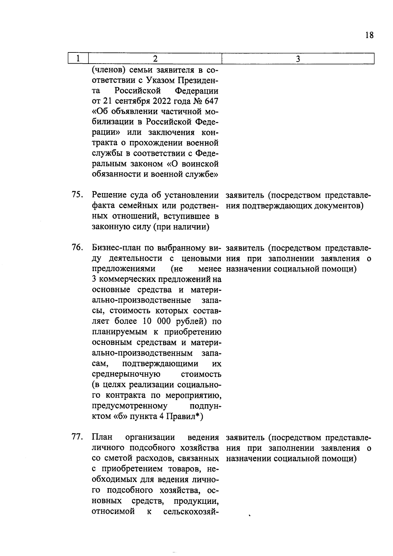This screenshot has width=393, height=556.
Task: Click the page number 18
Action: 369,35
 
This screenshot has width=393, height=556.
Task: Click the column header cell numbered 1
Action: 78,59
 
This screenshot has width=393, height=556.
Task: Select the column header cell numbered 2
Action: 155,59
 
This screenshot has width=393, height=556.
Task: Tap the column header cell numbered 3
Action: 298,59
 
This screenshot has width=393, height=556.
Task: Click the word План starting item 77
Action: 102,437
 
